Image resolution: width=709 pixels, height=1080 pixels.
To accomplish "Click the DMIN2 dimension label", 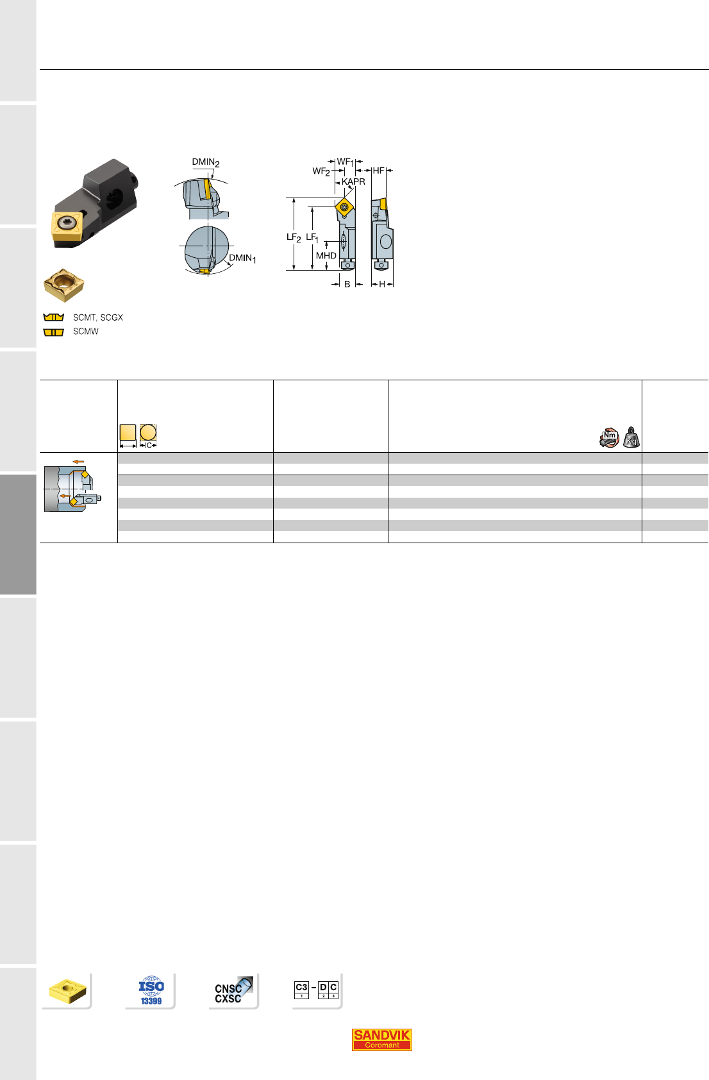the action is pos(206,162).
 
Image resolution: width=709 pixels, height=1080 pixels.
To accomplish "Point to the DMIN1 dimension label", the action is pos(242,258).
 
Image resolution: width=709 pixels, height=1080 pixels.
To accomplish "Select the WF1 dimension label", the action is pos(345,162).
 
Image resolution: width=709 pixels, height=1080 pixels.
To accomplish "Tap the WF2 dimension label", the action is pos(321,171).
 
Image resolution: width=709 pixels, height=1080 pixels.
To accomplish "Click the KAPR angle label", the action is pos(353,181).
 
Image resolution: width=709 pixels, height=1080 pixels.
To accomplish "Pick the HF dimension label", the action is pos(378,171).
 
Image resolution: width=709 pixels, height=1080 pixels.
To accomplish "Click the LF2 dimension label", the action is pos(294,237).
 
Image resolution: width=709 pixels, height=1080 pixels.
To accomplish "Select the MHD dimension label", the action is pos(326,255).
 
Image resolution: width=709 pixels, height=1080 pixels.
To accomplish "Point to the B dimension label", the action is pos(347,285).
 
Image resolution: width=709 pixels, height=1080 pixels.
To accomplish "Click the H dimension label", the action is pos(382,285).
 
